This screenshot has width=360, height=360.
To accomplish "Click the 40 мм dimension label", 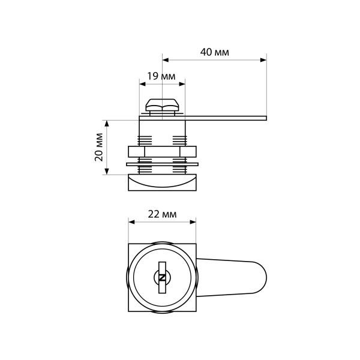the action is [214, 52].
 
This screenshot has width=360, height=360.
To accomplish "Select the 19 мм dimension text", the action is [161, 76].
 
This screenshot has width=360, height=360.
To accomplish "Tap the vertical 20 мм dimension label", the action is [99, 147].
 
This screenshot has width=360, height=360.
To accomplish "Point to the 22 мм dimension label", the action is [163, 214].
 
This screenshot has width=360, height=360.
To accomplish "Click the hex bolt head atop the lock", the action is [162, 105].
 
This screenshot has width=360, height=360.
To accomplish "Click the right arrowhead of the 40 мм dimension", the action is [263, 60].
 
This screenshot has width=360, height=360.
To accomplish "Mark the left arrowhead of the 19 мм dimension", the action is [143, 84].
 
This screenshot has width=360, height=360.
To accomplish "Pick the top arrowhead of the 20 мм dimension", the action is [107, 124].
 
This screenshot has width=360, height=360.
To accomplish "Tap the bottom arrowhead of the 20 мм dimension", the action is [107, 171].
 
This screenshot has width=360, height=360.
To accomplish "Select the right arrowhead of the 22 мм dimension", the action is [193, 222].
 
